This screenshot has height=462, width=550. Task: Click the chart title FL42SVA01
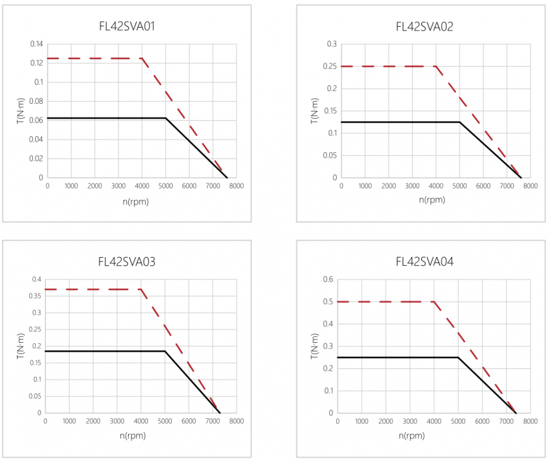point(127,27)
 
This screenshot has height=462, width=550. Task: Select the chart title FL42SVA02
point(424,27)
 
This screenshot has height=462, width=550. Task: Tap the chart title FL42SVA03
point(127,262)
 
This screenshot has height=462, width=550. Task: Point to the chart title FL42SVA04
point(424,262)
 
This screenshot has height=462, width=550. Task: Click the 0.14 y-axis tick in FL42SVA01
point(36,44)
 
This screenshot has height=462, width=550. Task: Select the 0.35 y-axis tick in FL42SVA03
point(36,296)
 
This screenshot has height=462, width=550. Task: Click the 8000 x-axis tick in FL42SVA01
point(236,186)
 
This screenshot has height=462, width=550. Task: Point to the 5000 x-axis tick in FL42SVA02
point(459,186)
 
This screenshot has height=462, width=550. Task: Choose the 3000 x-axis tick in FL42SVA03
point(117,422)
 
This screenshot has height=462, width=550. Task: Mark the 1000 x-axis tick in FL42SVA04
point(362,422)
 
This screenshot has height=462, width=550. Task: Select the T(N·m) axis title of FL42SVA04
point(314,346)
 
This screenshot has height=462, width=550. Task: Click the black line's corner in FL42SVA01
point(166,118)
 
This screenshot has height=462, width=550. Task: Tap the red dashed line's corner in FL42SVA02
point(435,66)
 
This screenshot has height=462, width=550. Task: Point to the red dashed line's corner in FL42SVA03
point(141,289)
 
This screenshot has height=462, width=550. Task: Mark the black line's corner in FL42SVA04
point(458,357)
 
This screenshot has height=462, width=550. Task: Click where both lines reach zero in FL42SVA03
point(219,413)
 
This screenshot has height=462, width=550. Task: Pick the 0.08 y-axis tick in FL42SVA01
point(36,101)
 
